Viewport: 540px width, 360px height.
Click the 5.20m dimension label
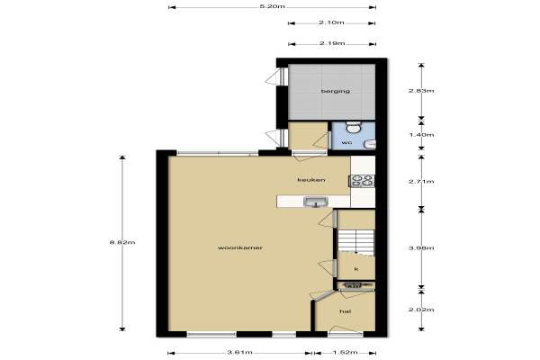pyautogui.click(x=272, y=6)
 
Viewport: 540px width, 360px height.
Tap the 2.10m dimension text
pyautogui.click(x=331, y=22)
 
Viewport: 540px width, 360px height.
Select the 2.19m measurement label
pyautogui.click(x=332, y=43)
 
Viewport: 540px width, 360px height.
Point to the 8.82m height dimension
pyautogui.click(x=122, y=242)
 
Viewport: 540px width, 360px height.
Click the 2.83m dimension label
pyautogui.click(x=421, y=91)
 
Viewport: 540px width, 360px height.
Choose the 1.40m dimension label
pyautogui.click(x=421, y=135)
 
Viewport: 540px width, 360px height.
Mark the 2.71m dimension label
pyautogui.click(x=421, y=182)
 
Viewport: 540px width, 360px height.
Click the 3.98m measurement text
pyautogui.click(x=421, y=248)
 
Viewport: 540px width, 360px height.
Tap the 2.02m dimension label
pyautogui.click(x=421, y=310)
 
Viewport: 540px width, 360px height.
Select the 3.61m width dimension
pyautogui.click(x=240, y=353)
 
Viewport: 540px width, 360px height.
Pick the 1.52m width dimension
pyautogui.click(x=345, y=353)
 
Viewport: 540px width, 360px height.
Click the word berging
pyautogui.click(x=336, y=91)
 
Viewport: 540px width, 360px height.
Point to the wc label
pyautogui.click(x=346, y=142)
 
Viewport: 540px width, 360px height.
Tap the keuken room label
pyautogui.click(x=311, y=180)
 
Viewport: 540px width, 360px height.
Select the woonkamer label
pyautogui.click(x=240, y=247)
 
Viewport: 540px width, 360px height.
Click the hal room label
pyautogui.click(x=345, y=311)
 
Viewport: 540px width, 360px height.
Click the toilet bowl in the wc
pyautogui.click(x=353, y=128)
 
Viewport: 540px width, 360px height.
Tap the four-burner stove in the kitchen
pyautogui.click(x=362, y=181)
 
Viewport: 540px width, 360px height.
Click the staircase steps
pyautogui.click(x=355, y=243)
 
